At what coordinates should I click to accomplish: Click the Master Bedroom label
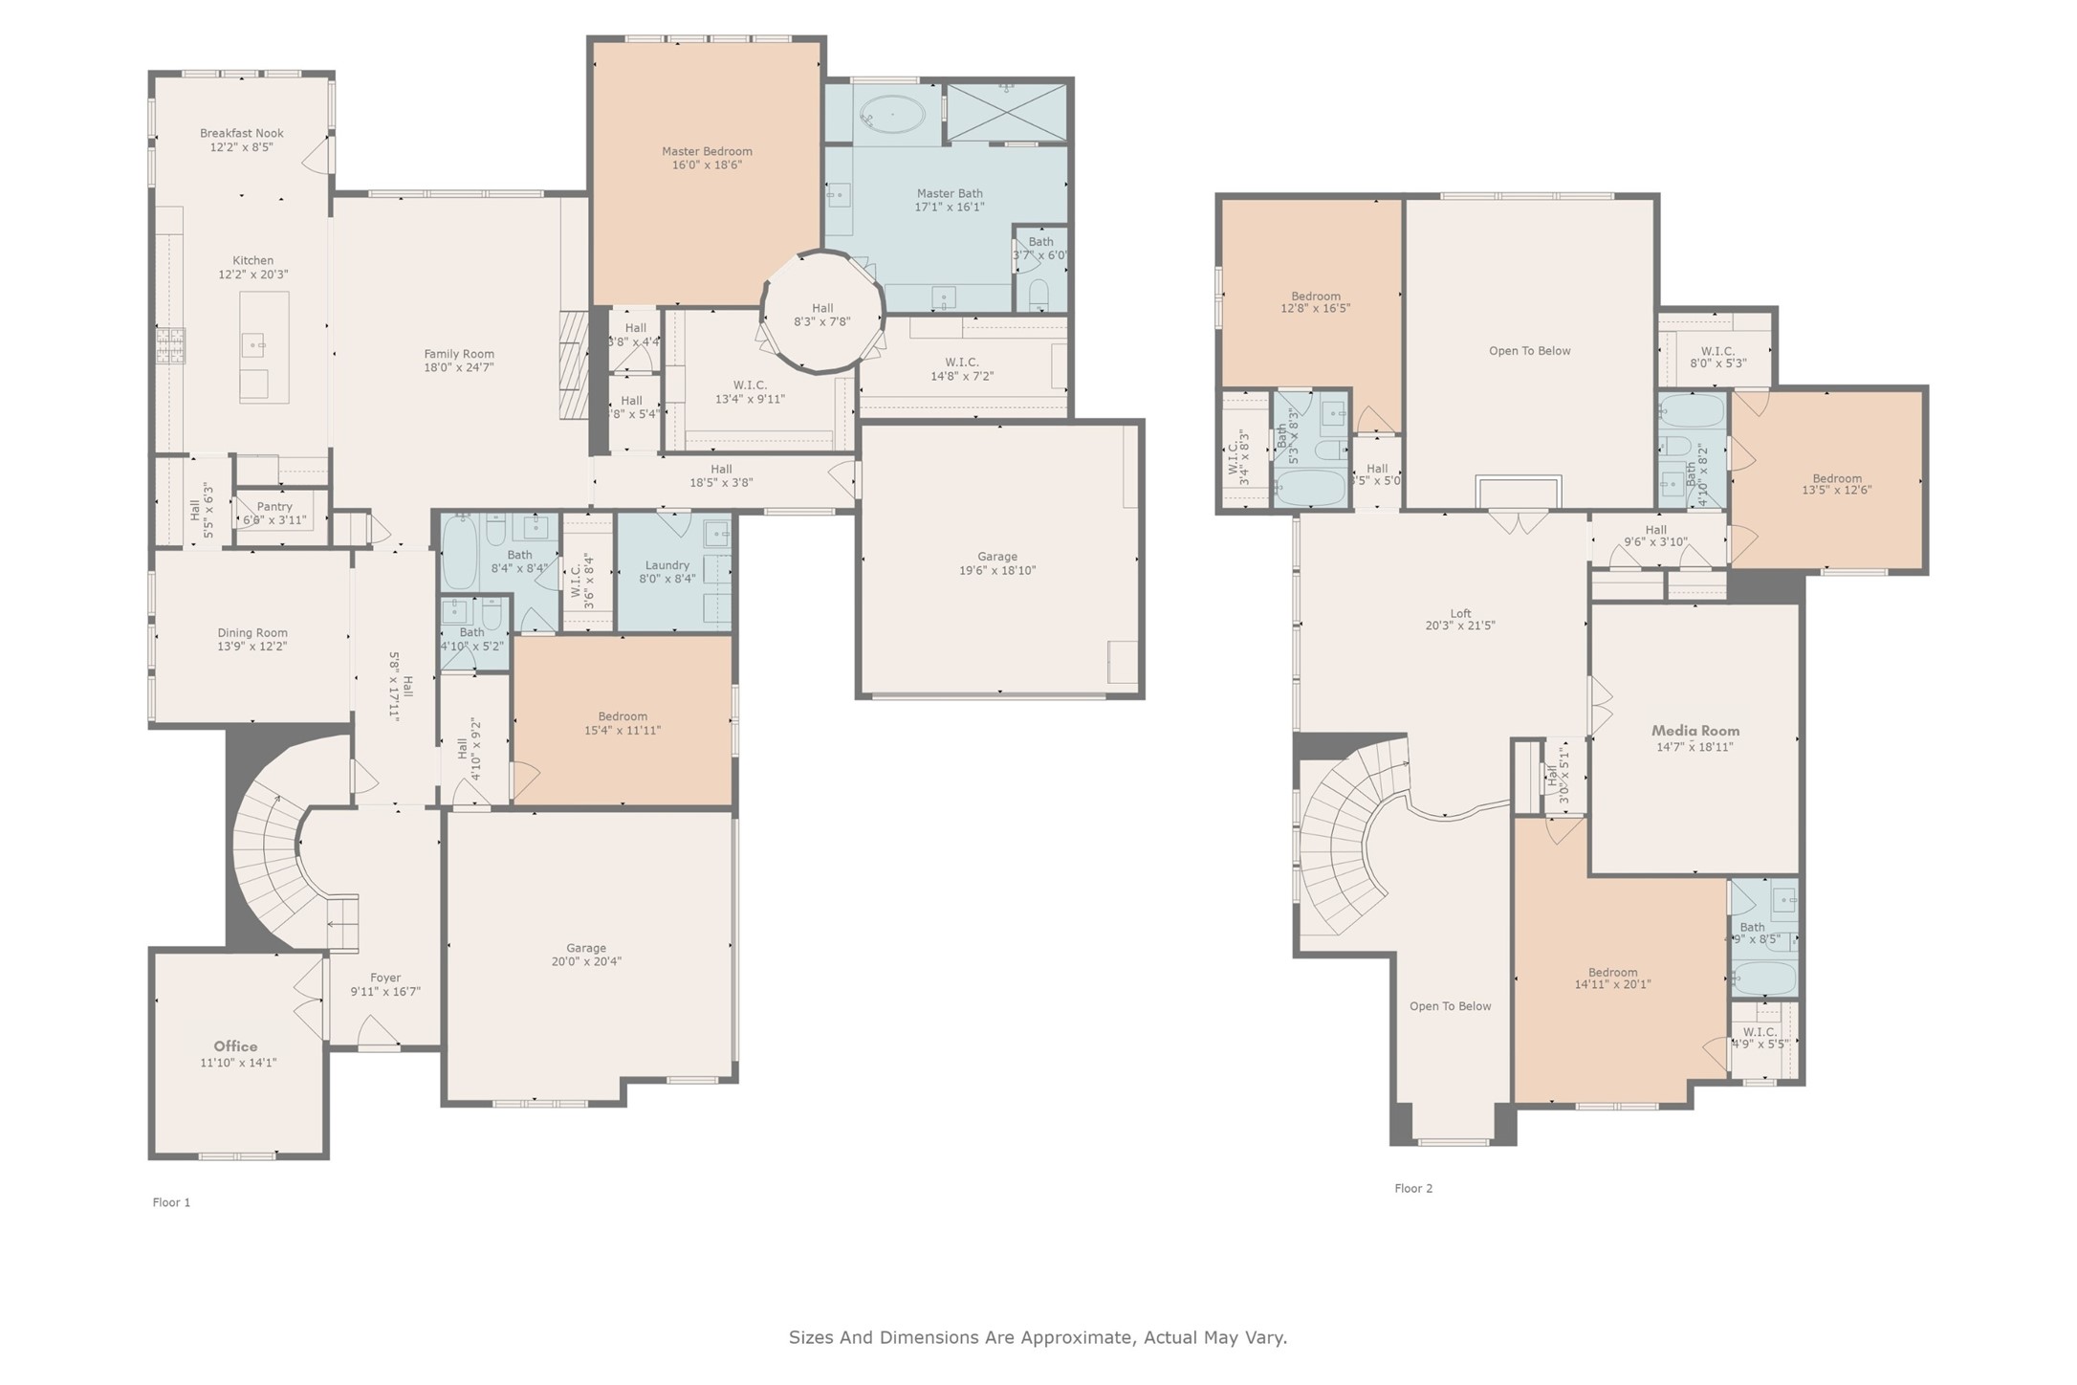coord(707,151)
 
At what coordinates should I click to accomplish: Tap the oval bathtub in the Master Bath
coord(889,116)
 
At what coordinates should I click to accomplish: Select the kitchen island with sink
coord(264,346)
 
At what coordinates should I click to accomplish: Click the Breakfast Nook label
coord(242,134)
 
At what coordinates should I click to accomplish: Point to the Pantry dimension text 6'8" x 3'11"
coord(274,520)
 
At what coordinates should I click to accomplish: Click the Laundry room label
coord(667,565)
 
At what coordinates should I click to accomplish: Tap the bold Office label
coord(235,1046)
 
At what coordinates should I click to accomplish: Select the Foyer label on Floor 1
coord(385,978)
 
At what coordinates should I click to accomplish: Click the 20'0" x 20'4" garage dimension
coord(586,962)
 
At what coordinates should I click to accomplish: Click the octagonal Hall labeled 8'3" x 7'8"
coord(822,315)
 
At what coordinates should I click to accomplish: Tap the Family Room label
coord(459,354)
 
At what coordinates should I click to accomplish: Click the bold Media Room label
coord(1695,731)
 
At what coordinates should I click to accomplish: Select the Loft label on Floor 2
coord(1460,614)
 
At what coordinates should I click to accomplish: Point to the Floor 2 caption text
coord(1413,1189)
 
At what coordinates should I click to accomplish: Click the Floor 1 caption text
coord(171,1203)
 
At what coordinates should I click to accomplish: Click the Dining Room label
coord(252,632)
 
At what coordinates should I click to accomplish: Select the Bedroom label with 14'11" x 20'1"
coord(1613,972)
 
